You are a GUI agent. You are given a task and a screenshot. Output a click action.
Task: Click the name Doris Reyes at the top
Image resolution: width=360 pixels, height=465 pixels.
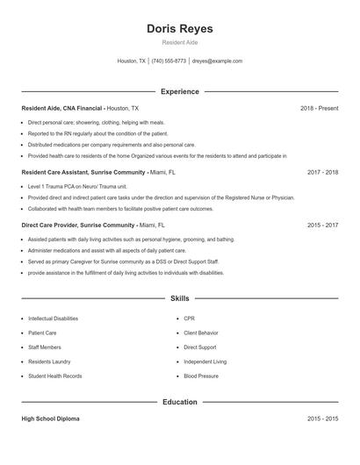coord(179,29)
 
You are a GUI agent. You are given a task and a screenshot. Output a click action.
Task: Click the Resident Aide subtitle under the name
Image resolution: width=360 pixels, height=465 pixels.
coord(179,43)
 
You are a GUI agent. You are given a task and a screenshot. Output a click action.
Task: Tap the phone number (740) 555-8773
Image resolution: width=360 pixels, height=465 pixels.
coord(169,61)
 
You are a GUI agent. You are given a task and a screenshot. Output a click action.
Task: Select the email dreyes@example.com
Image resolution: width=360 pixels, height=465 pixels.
coord(217,61)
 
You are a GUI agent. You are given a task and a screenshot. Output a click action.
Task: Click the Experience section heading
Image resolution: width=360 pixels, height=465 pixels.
coord(179,91)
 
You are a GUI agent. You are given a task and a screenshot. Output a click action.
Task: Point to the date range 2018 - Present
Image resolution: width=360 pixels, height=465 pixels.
coord(319,108)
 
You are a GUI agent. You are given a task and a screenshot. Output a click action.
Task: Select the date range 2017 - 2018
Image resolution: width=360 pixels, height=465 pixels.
coord(322,173)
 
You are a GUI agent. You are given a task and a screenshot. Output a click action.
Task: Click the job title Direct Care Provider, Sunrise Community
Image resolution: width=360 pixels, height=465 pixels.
coord(79,225)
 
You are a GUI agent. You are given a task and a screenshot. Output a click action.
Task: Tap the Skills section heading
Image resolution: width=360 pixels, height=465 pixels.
coord(179,299)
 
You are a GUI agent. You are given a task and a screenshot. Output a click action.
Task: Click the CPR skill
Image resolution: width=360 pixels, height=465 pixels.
coord(189,318)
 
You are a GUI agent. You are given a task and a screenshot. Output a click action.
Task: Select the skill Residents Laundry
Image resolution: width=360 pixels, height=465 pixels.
coord(49,361)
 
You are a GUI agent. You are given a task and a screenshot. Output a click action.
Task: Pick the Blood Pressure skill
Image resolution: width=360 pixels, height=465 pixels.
coord(201,376)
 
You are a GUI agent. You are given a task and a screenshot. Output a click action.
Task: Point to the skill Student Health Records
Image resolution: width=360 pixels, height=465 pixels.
coord(55,376)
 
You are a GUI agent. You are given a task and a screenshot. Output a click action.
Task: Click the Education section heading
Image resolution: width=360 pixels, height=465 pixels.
coord(179,402)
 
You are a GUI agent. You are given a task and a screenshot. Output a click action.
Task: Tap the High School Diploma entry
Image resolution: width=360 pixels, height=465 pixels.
coord(50,419)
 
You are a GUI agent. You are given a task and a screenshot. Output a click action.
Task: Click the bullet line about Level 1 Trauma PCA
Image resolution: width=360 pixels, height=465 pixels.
coord(77,187)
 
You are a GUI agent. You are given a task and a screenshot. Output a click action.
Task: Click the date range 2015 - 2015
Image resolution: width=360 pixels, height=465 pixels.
coord(322,419)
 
